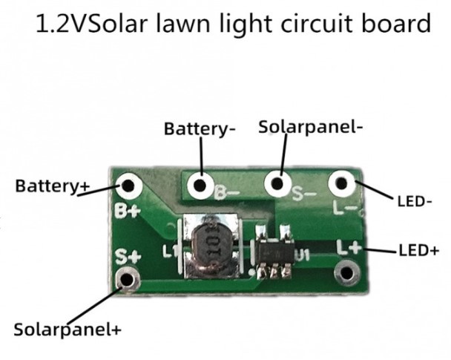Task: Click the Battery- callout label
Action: click(x=200, y=128)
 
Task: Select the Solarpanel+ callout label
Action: click(x=67, y=329)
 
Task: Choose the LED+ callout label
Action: click(x=419, y=250)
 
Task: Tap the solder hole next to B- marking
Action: click(x=200, y=185)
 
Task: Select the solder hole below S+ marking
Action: click(x=128, y=279)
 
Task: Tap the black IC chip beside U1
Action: click(x=276, y=252)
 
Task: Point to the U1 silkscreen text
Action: click(x=302, y=255)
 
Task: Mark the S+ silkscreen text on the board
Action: click(x=127, y=257)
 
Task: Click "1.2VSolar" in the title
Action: click(x=81, y=23)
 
